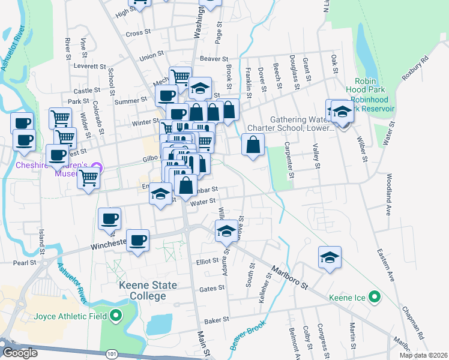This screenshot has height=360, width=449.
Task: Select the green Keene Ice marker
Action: (375, 296)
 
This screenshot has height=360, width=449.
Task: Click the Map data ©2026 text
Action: (423, 355)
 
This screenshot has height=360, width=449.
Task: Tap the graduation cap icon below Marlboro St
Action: (330, 257)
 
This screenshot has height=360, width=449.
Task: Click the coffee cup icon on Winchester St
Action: (138, 240)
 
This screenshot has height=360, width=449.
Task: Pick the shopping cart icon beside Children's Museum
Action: (89, 177)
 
